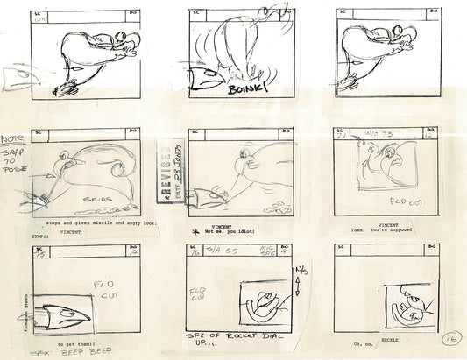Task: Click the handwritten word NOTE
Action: click(x=12, y=139)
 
